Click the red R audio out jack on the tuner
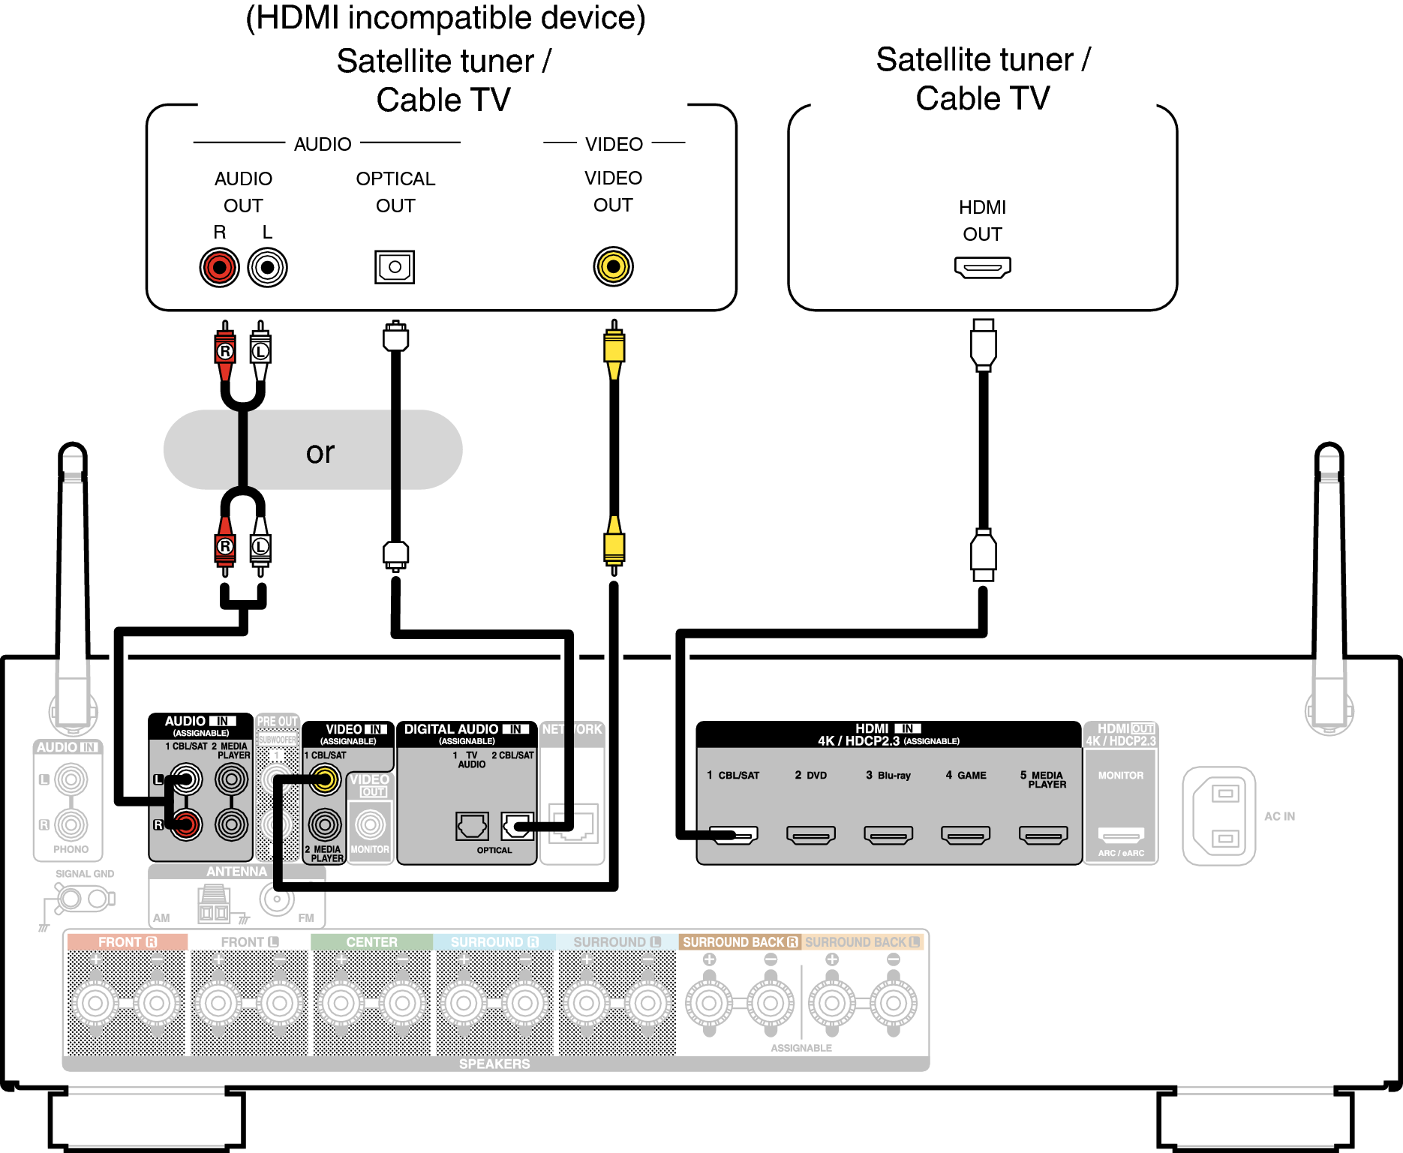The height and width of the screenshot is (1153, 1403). [219, 267]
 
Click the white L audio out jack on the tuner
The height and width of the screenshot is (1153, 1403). [267, 267]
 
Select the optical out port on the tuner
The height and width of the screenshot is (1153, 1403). [395, 267]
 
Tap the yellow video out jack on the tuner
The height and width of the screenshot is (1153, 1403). [613, 266]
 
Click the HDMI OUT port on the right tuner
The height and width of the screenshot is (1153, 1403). [982, 267]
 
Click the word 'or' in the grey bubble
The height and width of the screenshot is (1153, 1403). [320, 452]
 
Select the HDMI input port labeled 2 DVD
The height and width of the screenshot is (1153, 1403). [810, 834]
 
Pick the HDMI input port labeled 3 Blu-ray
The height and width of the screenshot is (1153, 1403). [888, 834]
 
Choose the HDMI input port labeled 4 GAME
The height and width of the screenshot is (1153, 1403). [966, 834]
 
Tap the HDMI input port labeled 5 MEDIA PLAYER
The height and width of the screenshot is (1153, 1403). [1043, 834]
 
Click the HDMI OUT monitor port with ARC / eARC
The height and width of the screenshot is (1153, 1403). [1121, 834]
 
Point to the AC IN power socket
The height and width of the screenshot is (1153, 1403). [1219, 815]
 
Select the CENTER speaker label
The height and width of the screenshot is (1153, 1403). [371, 942]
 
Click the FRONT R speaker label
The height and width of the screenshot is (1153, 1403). [127, 942]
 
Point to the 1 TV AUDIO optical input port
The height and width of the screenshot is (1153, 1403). [472, 826]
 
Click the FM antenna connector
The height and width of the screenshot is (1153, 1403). [277, 898]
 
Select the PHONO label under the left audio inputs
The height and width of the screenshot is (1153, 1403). [71, 849]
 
